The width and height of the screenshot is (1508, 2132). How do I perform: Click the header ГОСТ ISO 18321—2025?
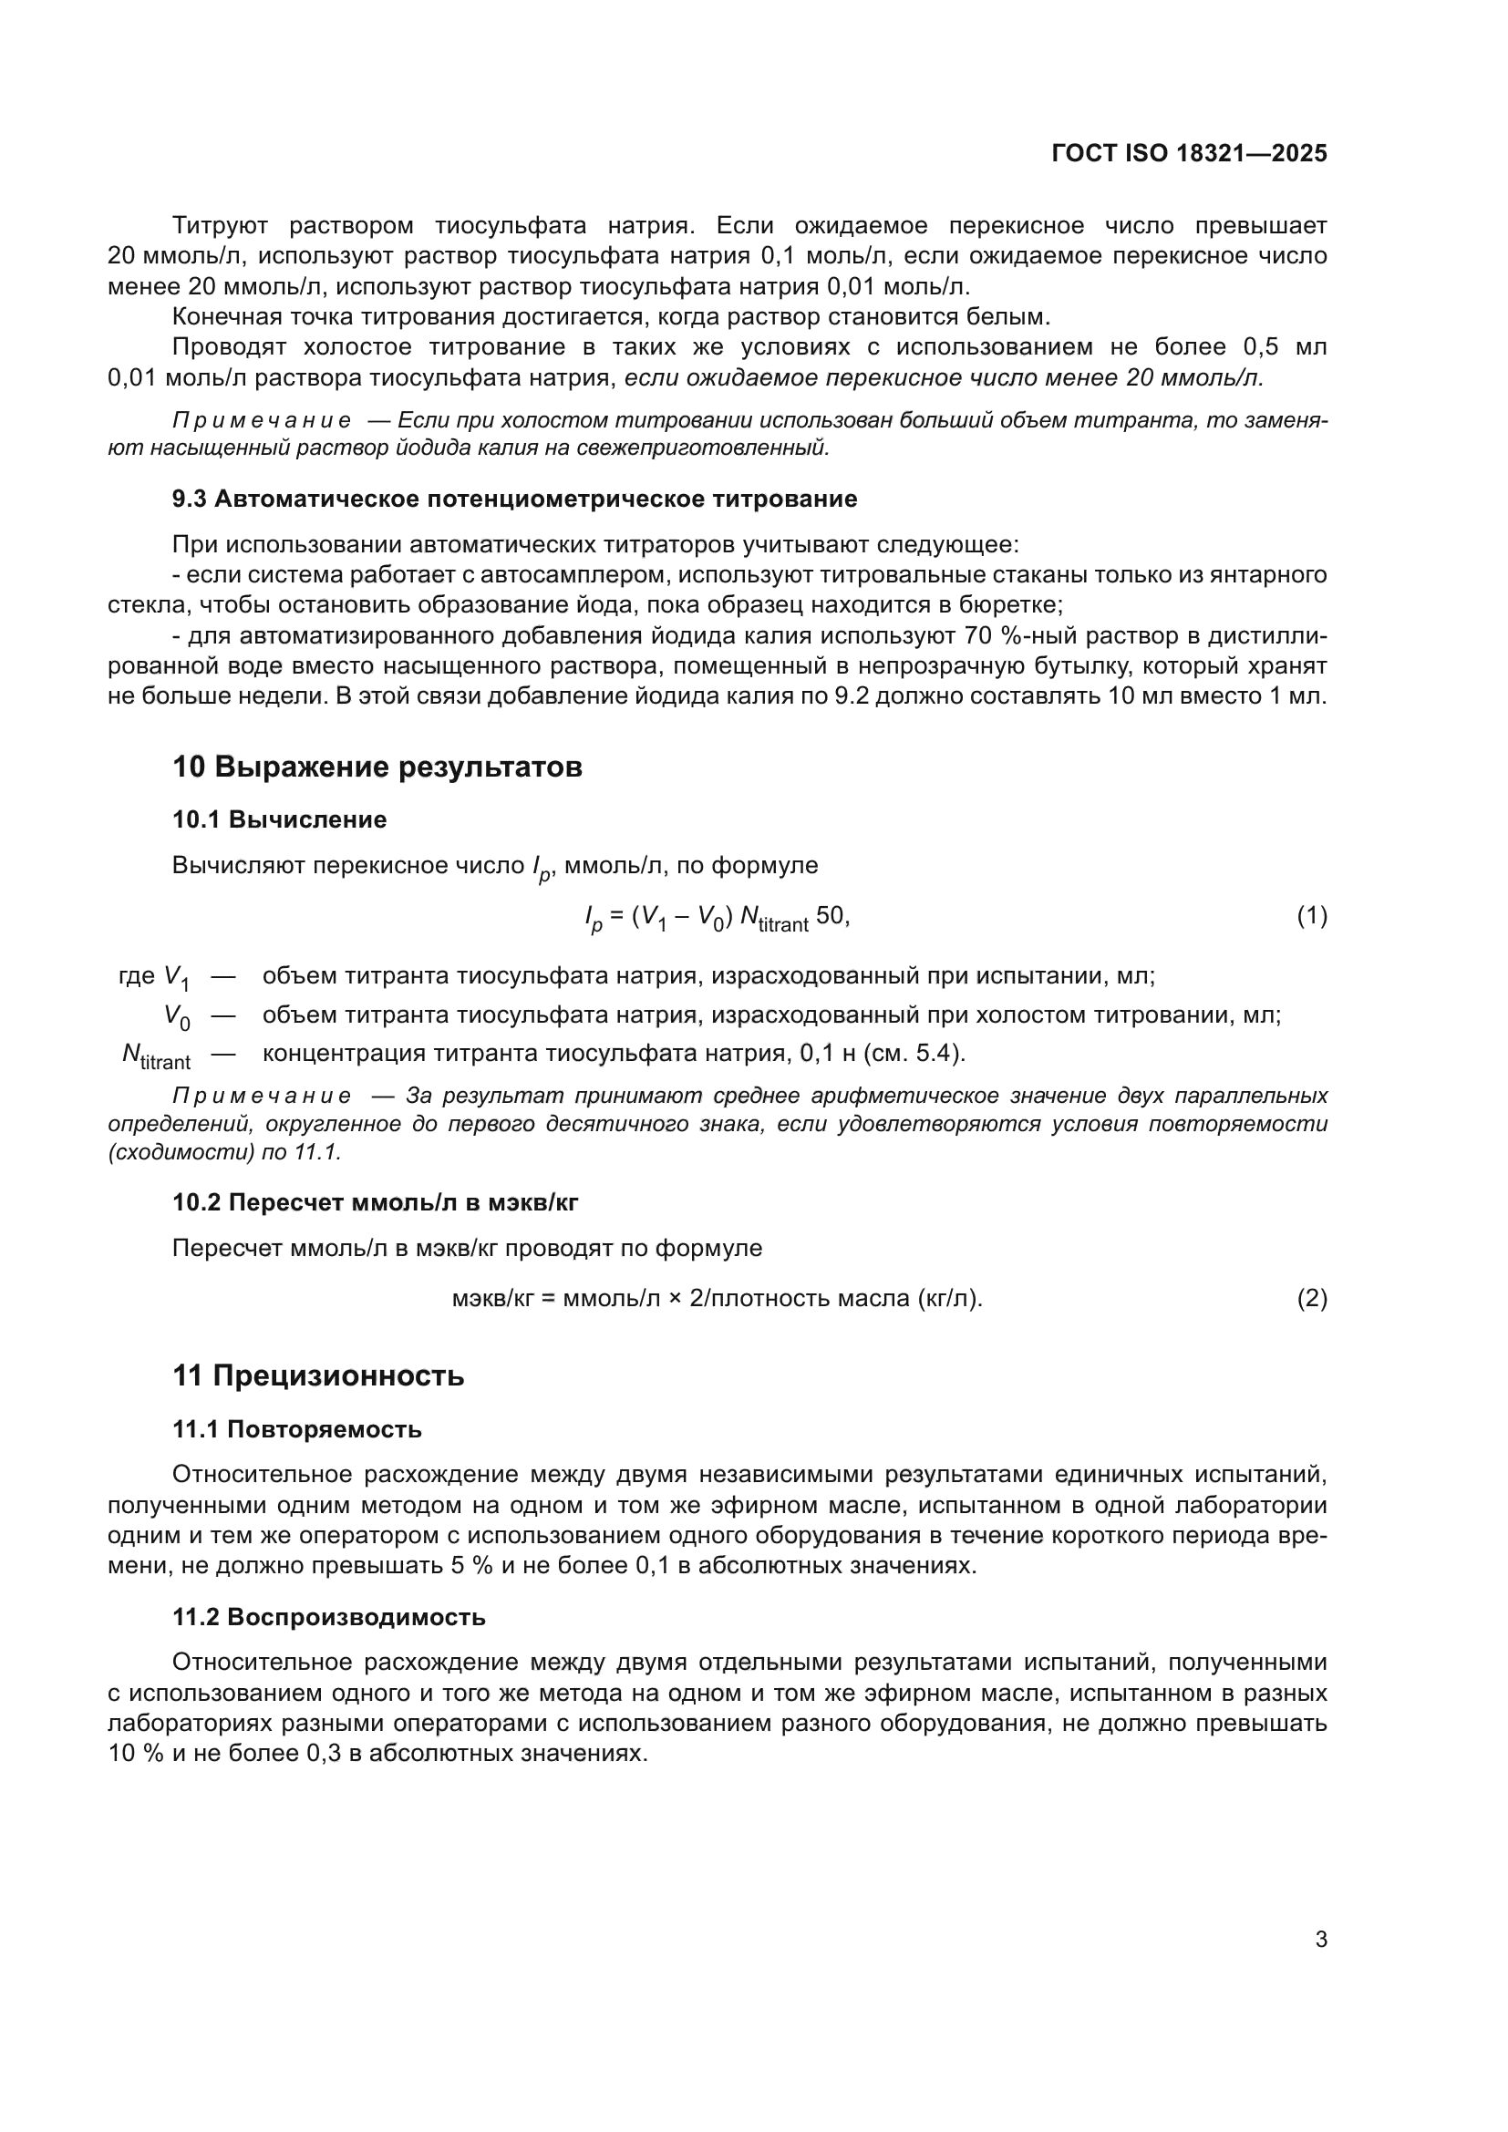pos(1189,153)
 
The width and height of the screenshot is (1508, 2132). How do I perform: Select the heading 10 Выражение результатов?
pos(377,767)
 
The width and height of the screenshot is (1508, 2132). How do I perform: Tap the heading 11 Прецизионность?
pos(318,1375)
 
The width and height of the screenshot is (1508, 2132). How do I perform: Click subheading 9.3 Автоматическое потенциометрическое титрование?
pos(514,500)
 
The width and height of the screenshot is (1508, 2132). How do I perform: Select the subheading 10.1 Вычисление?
pos(280,820)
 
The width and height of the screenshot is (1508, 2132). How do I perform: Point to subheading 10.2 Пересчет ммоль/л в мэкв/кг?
pos(375,1202)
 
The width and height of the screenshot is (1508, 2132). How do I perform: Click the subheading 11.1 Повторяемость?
pos(297,1429)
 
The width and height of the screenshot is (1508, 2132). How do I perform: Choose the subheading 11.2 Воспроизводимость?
pos(329,1617)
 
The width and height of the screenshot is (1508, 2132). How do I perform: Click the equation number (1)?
pos(1311,916)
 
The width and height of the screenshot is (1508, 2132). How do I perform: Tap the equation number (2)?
pos(1311,1298)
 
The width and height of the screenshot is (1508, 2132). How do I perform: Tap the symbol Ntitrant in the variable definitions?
pos(156,1056)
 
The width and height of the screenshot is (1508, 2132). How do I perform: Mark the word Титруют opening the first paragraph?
pos(220,226)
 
